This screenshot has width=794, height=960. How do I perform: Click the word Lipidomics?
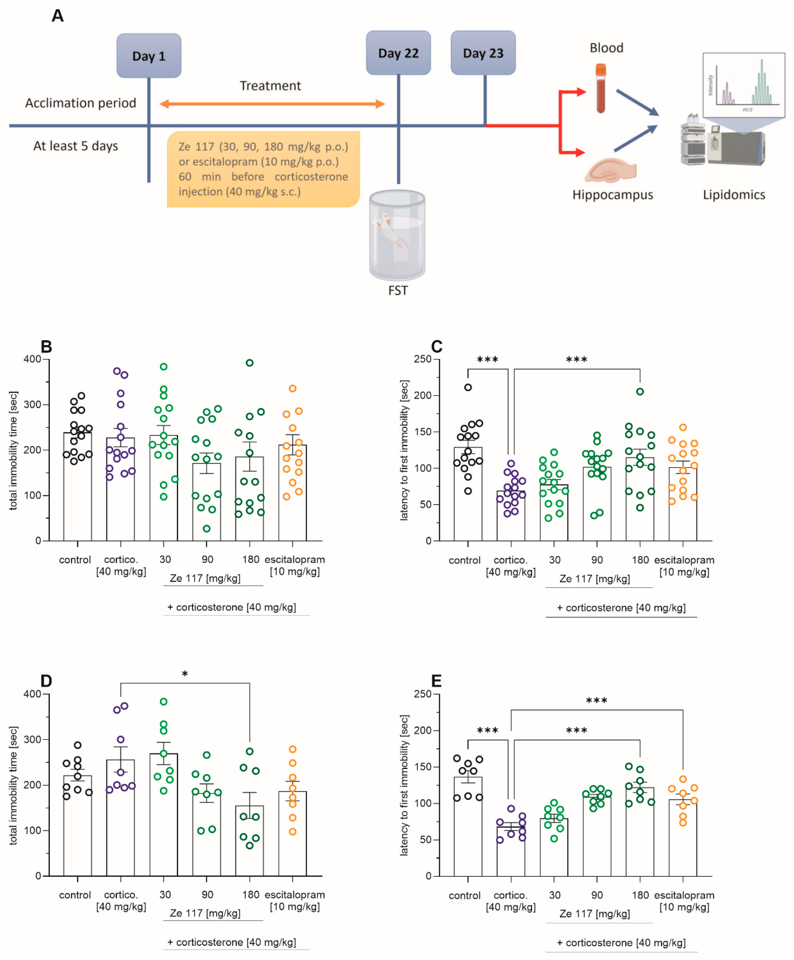pos(733,195)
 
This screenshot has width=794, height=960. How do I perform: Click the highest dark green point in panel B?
pos(249,363)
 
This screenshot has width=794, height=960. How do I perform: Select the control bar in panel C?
pos(468,494)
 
